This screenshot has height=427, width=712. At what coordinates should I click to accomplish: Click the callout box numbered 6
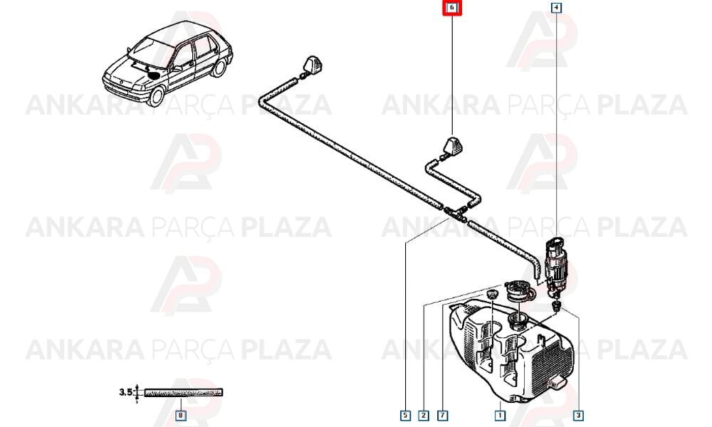pyautogui.click(x=452, y=8)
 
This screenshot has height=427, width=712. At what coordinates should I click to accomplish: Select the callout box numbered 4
pyautogui.click(x=556, y=8)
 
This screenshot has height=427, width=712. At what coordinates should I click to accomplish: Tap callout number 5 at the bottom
pyautogui.click(x=405, y=415)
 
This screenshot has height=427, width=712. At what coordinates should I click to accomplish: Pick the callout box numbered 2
pyautogui.click(x=424, y=415)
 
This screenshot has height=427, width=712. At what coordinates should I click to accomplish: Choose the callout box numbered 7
pyautogui.click(x=443, y=415)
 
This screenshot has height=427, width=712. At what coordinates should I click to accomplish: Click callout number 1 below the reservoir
pyautogui.click(x=500, y=415)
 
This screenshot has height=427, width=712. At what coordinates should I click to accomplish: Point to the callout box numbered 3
pyautogui.click(x=578, y=415)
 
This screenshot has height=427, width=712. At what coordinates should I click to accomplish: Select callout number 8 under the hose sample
pyautogui.click(x=181, y=415)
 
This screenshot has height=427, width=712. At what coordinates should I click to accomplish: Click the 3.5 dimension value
pyautogui.click(x=126, y=391)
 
